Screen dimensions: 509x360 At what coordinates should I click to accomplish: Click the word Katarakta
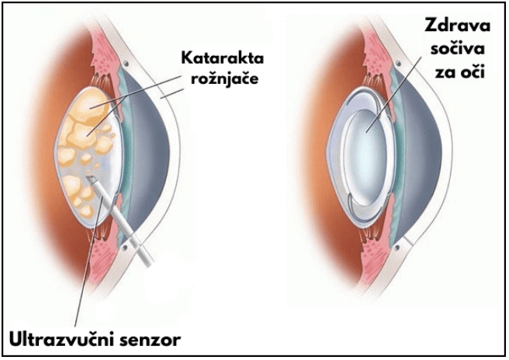pyautogui.click(x=223, y=58)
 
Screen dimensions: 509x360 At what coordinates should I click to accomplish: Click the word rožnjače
pyautogui.click(x=224, y=79)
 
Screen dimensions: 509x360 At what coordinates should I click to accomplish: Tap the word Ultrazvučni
pyautogui.click(x=60, y=340)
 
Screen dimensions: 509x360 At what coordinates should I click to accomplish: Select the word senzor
pyautogui.click(x=149, y=341)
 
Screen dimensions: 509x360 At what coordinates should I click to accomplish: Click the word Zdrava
pyautogui.click(x=457, y=25)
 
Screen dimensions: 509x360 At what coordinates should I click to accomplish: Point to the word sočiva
pyautogui.click(x=457, y=49)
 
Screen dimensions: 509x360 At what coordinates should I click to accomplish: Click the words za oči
pyautogui.click(x=459, y=71)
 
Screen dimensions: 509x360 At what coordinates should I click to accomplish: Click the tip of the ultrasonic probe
pyautogui.click(x=90, y=178)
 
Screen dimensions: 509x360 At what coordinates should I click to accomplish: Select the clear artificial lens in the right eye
pyautogui.click(x=366, y=157)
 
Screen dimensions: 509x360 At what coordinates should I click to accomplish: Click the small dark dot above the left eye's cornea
pyautogui.click(x=126, y=64)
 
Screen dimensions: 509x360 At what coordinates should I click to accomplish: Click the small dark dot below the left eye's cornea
pyautogui.click(x=125, y=247)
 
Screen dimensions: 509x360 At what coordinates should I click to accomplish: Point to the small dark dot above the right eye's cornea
pyautogui.click(x=399, y=64)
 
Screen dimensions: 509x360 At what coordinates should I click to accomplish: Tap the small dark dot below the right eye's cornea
pyautogui.click(x=397, y=247)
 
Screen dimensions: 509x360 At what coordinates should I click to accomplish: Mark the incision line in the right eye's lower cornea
pyautogui.click(x=408, y=241)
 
